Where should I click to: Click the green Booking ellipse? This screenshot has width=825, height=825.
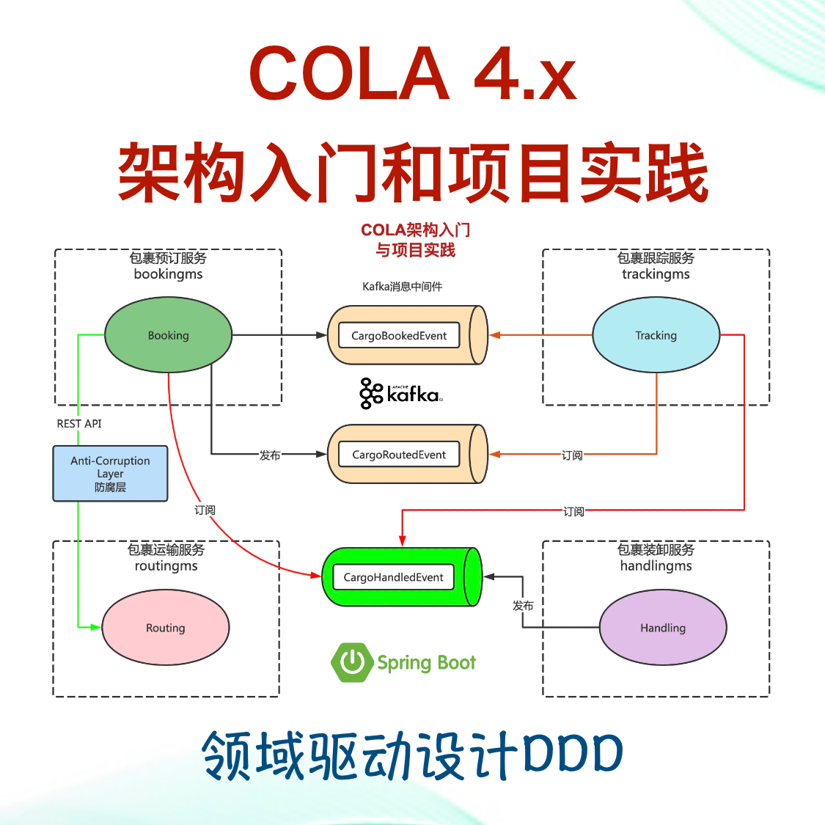tap(168, 335)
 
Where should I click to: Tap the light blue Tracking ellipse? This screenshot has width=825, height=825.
tap(656, 335)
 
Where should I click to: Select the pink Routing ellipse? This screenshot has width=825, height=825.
tap(165, 628)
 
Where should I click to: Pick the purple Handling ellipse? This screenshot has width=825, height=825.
tap(663, 628)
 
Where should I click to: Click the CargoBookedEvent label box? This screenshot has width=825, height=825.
tap(399, 336)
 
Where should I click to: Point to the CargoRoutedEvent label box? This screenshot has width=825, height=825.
tap(399, 455)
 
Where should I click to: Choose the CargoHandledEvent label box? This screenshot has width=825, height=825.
tap(393, 577)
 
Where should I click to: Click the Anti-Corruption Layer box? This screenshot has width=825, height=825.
tap(110, 474)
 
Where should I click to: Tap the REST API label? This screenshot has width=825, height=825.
tap(79, 424)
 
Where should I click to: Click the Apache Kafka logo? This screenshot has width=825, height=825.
tap(401, 394)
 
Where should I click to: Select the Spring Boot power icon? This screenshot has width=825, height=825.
tap(353, 661)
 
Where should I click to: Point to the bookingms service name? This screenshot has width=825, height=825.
tap(168, 274)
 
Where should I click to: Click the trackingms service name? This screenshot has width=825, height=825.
tap(656, 274)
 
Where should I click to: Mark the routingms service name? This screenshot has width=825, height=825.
tap(166, 566)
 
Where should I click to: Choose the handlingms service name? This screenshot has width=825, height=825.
tap(656, 566)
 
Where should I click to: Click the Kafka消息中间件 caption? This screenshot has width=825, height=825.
tap(402, 287)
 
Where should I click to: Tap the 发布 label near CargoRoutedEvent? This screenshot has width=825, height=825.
tap(270, 455)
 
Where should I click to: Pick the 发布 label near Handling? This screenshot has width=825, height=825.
tap(523, 606)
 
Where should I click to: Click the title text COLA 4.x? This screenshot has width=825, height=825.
tap(412, 73)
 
